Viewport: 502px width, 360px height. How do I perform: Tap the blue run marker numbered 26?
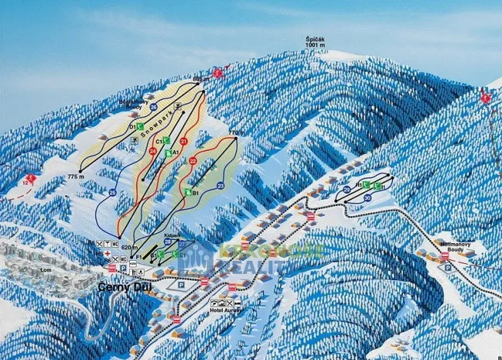[x=154, y=106]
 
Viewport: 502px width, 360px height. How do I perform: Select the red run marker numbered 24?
[x=152, y=151]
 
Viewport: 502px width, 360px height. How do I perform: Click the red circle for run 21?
[x=184, y=142]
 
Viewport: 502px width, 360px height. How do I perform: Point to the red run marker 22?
[x=193, y=161]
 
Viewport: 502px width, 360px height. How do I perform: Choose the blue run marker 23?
[x=221, y=185]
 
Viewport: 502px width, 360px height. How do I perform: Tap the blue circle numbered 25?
[x=112, y=192]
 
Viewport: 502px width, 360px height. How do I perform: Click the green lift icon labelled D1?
[x=141, y=125]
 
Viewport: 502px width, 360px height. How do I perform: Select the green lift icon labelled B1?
[x=188, y=192]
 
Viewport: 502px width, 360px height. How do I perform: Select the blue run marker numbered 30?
[x=368, y=198]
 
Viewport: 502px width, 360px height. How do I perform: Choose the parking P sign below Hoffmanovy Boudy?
[x=447, y=266]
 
